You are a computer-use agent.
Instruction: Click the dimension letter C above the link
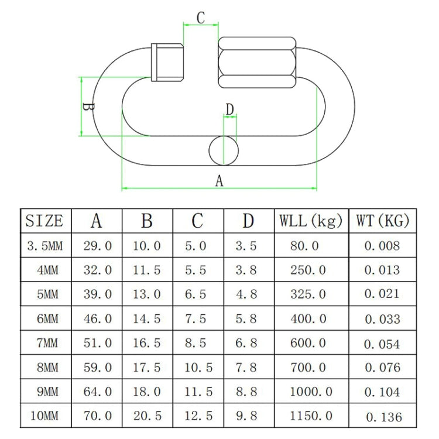click(201, 18)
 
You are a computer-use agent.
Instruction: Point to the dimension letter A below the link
click(220, 181)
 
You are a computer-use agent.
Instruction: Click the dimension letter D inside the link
click(229, 109)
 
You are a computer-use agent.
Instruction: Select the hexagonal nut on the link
click(258, 62)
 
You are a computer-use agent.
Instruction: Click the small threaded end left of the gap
click(167, 62)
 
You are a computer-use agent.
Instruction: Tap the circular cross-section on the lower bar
click(224, 150)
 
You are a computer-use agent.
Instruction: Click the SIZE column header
click(44, 221)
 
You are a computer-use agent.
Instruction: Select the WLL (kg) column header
click(311, 221)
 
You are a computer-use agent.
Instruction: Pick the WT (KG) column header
click(383, 221)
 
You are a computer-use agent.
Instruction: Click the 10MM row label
click(44, 416)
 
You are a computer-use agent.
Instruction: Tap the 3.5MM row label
click(44, 246)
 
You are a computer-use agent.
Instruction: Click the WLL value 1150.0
click(311, 416)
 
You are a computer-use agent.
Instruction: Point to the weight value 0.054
click(382, 344)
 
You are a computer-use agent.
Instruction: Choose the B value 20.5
click(146, 416)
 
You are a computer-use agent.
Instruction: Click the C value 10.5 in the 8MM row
click(198, 368)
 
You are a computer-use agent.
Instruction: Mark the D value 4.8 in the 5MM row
click(246, 294)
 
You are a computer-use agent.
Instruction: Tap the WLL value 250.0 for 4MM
click(308, 270)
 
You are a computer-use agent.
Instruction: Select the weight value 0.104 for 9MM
click(382, 392)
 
